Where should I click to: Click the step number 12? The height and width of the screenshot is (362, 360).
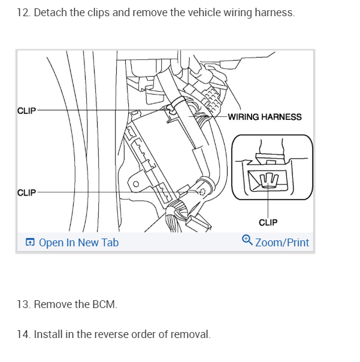click(23, 13)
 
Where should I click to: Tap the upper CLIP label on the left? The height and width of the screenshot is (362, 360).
click(27, 111)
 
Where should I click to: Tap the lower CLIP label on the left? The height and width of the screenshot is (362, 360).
click(27, 192)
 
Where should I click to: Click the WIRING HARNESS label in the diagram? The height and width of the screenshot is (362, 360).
click(265, 117)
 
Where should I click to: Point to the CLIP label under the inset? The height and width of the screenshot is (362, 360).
click(268, 222)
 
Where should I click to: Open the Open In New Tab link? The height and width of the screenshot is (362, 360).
click(78, 243)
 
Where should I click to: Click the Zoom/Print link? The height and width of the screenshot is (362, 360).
click(282, 243)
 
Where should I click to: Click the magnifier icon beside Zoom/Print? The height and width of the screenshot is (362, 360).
click(247, 240)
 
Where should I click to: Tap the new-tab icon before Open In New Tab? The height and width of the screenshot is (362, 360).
click(30, 243)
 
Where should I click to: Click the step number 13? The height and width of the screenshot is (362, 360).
click(23, 304)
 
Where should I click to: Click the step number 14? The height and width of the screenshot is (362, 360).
click(23, 334)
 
